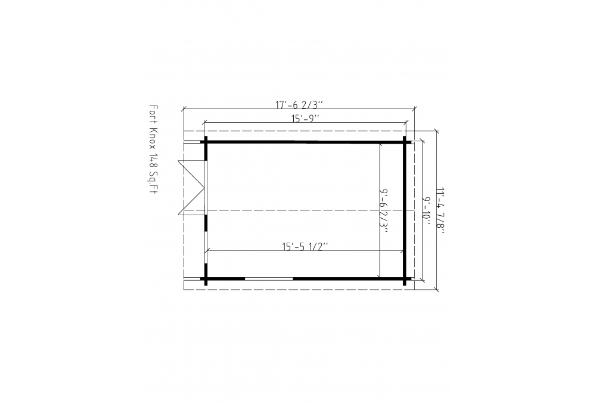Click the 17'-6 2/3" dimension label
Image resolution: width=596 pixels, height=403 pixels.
click(299, 104)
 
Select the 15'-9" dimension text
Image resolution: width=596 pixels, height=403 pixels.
click(305, 119)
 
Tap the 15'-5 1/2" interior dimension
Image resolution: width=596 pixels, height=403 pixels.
click(305, 246)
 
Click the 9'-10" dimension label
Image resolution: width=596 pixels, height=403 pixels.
click(427, 211)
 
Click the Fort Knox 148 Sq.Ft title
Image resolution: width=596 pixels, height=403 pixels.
click(153, 150)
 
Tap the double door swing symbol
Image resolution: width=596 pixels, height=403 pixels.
click(192, 188)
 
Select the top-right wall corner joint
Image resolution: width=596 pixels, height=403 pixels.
click(405, 142)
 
